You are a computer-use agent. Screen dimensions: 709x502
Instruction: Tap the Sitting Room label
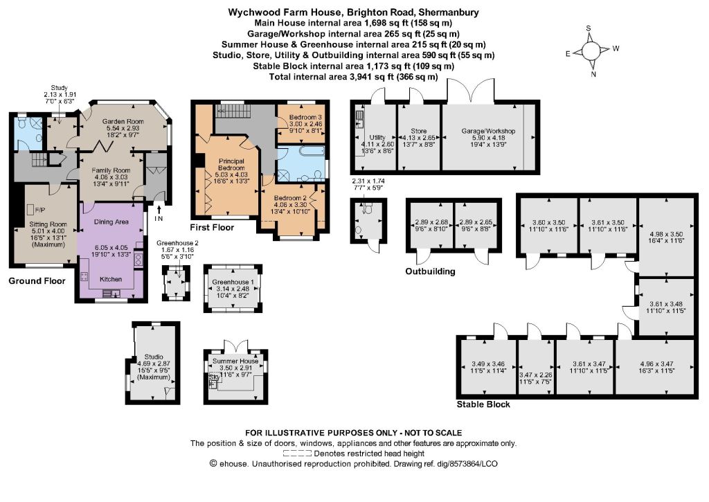click(x=48, y=224)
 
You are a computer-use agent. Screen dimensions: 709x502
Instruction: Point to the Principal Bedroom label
click(x=231, y=164)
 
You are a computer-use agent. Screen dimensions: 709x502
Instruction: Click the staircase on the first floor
click(x=230, y=110)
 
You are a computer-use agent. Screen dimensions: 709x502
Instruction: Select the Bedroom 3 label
click(x=305, y=117)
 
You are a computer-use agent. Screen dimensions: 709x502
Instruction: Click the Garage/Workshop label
click(x=488, y=131)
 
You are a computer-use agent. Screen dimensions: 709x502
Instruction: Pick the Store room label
click(x=419, y=131)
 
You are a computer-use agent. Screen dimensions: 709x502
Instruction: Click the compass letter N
click(x=593, y=75)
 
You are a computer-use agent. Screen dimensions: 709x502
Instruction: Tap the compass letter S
click(x=589, y=28)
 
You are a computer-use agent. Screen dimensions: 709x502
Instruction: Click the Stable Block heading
click(x=483, y=404)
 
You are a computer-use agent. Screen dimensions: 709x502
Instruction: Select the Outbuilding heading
click(x=430, y=271)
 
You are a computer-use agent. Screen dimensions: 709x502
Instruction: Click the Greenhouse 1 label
click(x=233, y=283)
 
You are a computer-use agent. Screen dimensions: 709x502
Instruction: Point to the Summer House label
click(x=235, y=361)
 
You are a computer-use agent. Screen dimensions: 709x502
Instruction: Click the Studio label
click(x=154, y=357)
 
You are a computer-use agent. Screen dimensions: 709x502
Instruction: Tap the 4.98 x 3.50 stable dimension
click(x=666, y=234)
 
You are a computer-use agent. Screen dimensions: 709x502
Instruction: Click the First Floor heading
click(x=212, y=227)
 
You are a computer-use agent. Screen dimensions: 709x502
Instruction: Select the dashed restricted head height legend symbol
click(x=297, y=453)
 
